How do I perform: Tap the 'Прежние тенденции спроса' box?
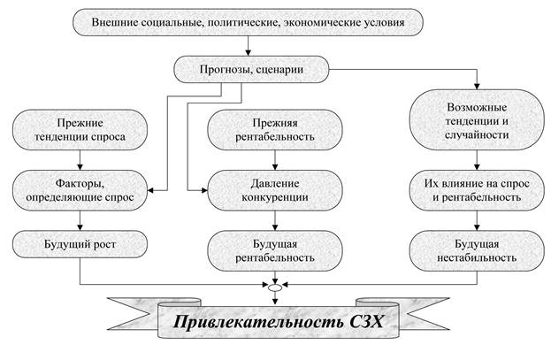(80, 128)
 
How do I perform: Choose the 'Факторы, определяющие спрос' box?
(80, 191)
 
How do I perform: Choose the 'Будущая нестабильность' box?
(478, 249)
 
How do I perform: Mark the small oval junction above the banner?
(276, 287)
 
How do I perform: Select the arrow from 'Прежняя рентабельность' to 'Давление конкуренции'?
(276, 161)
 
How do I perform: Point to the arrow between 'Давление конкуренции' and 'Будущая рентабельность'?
(276, 220)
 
